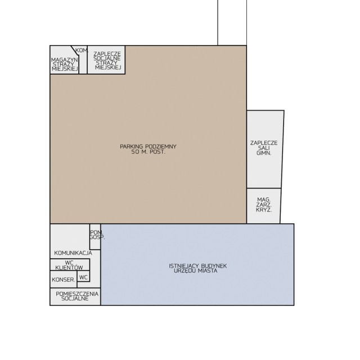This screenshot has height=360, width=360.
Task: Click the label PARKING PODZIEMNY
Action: (x=148, y=146)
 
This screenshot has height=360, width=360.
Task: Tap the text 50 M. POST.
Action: (x=148, y=152)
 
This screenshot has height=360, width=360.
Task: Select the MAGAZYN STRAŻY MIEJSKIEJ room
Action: (x=64, y=60)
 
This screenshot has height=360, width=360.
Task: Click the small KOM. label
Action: (x=82, y=51)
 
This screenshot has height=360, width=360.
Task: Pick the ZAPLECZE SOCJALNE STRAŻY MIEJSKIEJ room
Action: (x=106, y=60)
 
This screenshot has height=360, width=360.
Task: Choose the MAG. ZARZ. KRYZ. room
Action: (x=264, y=206)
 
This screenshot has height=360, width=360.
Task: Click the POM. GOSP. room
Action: (x=95, y=237)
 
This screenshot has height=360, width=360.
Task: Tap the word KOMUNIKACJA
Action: (x=73, y=253)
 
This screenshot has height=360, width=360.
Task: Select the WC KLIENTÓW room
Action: (x=70, y=265)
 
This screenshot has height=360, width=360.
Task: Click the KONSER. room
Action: (x=64, y=279)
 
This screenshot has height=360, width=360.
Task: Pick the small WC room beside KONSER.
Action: (x=83, y=276)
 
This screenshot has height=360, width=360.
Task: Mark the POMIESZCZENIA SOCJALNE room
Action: (x=75, y=296)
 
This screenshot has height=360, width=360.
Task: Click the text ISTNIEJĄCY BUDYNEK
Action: (x=197, y=266)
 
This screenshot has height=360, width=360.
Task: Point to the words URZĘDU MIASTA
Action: (x=195, y=271)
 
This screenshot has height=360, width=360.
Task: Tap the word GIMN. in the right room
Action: (x=264, y=153)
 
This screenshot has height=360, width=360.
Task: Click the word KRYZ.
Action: (x=264, y=210)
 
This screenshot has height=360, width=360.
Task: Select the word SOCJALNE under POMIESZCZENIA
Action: (x=75, y=299)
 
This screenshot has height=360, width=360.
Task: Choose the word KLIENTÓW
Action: (x=69, y=268)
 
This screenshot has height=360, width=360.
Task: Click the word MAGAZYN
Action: (x=65, y=60)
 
